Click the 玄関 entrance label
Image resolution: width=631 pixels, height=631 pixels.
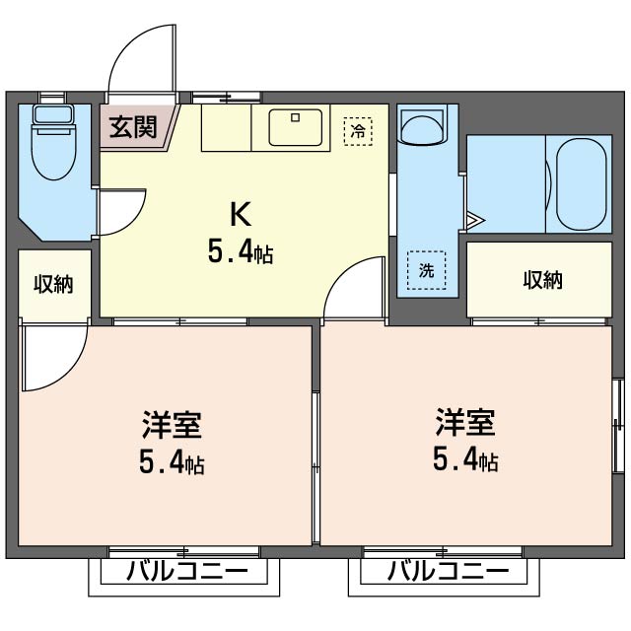tap(133, 127)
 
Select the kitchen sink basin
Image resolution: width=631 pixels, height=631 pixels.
tap(296, 127)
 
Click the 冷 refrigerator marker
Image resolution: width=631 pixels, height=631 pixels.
tap(358, 131)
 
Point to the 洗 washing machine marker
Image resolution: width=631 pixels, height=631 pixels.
tap(426, 270)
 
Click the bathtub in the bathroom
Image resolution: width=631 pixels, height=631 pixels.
tap(581, 184)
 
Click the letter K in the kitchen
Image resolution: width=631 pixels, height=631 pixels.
tap(241, 215)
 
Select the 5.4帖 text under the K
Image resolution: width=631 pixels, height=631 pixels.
tap(241, 251)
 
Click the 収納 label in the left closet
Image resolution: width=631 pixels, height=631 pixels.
tap(53, 284)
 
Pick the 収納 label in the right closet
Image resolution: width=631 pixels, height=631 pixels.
tap(542, 280)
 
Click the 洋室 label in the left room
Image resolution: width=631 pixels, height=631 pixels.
tap(172, 424)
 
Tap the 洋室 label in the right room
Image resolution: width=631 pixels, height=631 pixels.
tap(464, 422)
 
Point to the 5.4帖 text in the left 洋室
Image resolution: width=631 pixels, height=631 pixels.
tap(172, 462)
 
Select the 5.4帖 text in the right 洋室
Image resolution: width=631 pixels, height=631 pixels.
tap(465, 459)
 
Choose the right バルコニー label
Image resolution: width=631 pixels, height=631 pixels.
tap(448, 571)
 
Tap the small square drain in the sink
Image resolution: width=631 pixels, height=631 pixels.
tap(296, 117)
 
